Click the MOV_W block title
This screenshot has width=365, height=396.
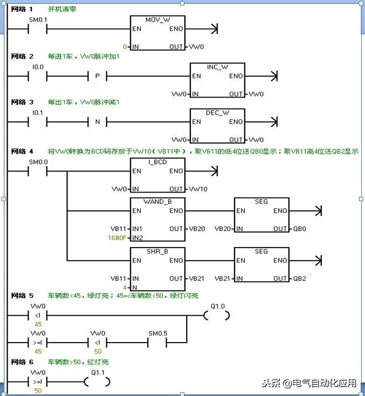tap(157, 19)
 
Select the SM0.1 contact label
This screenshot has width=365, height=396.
tap(38, 21)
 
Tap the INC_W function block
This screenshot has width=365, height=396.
tap(217, 80)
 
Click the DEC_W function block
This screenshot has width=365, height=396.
tap(217, 126)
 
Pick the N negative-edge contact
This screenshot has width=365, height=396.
tap(97, 122)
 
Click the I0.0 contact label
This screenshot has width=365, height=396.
tap(38, 67)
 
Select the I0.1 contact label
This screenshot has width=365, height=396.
tap(38, 113)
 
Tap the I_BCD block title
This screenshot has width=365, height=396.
tap(157, 161)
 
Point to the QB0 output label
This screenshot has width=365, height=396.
tap(300, 229)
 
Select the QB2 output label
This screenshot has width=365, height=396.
tap(300, 278)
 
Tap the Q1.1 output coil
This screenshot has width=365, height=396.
tap(98, 382)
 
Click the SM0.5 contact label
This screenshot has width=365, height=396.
tap(157, 333)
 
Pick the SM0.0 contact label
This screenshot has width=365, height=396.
tap(38, 162)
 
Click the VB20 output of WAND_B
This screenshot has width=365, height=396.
tap(197, 229)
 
